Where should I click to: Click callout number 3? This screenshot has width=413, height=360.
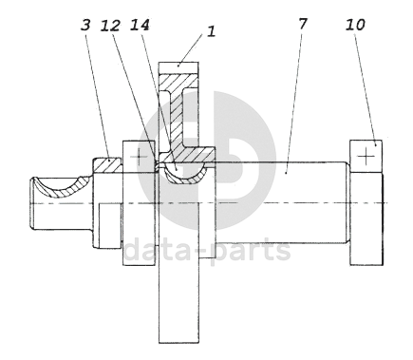[x=85, y=26]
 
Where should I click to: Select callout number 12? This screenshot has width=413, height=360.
[x=110, y=26]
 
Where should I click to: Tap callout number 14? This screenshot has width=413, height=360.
[x=140, y=25]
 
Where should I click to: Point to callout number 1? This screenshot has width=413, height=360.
[x=212, y=32]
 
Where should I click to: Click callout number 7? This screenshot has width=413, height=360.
[x=303, y=24]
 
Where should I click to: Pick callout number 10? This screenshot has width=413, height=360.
[x=355, y=25]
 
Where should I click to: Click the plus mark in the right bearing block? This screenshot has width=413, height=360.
[x=366, y=157]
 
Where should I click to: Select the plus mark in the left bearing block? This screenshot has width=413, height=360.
[x=139, y=157]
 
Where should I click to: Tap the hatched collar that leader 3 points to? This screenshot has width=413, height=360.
[x=107, y=165]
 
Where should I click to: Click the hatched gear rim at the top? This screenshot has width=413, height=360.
[x=178, y=81]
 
